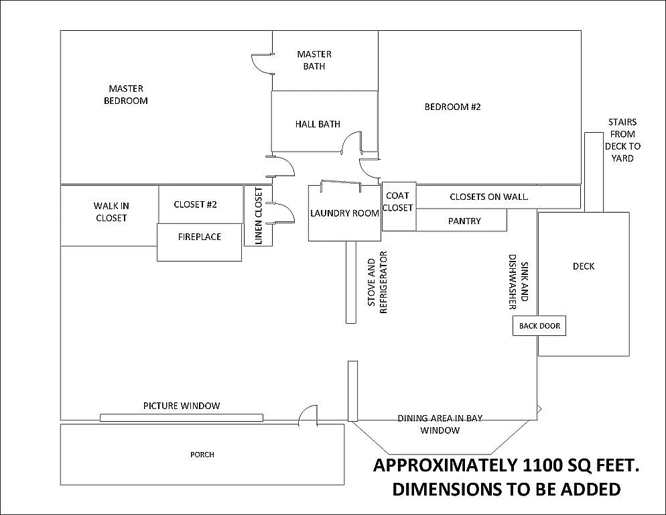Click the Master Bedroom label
pyautogui.click(x=126, y=95)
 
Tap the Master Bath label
pyautogui.click(x=314, y=60)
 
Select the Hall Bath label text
pyautogui.click(x=318, y=124)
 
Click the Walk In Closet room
pyautogui.click(x=111, y=212)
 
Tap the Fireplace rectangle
pyautogui.click(x=199, y=237)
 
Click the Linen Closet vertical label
pyautogui.click(x=259, y=216)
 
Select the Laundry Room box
pyautogui.click(x=344, y=213)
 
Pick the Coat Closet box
pyautogui.click(x=399, y=202)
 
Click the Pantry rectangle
pyautogui.click(x=464, y=221)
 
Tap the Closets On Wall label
pyautogui.click(x=489, y=196)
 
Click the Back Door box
pyautogui.click(x=539, y=327)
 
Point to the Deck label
pyautogui.click(x=584, y=266)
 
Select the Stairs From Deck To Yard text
pyautogui.click(x=622, y=140)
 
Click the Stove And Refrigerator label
pyautogui.click(x=379, y=282)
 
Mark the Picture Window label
pyautogui.click(x=182, y=406)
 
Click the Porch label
pyautogui.click(x=202, y=455)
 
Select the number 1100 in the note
pyautogui.click(x=541, y=465)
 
